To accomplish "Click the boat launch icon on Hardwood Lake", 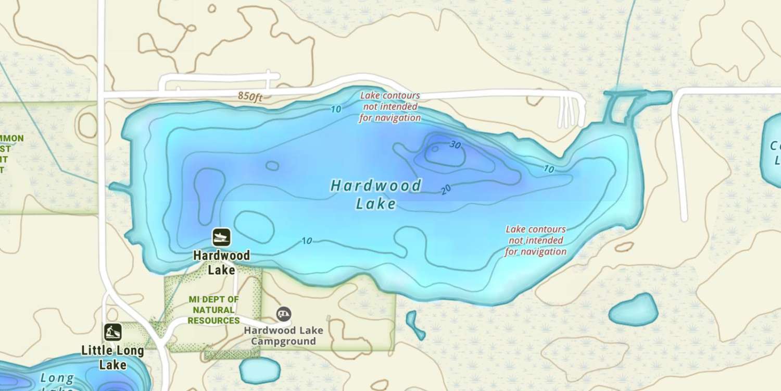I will (221, 238).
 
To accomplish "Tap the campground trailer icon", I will (284, 314).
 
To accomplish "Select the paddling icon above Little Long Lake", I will (112, 332).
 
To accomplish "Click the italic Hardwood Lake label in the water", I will (376, 194).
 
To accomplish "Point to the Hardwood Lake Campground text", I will (283, 336).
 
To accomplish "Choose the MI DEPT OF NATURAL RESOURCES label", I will (213, 310).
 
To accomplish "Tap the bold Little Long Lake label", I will (112, 357).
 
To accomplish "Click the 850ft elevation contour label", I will (250, 96).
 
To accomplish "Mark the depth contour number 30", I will (455, 145).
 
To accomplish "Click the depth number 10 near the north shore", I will (335, 109).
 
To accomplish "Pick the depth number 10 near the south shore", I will (307, 241).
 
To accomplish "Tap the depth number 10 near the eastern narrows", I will (549, 169).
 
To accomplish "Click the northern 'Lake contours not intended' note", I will (390, 107).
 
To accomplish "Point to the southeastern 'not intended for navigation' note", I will (536, 240).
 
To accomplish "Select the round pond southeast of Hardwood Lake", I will (634, 310).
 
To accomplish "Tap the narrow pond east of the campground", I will (414, 325).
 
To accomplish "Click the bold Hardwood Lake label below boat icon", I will (221, 263).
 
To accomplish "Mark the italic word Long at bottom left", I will (57, 378).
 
